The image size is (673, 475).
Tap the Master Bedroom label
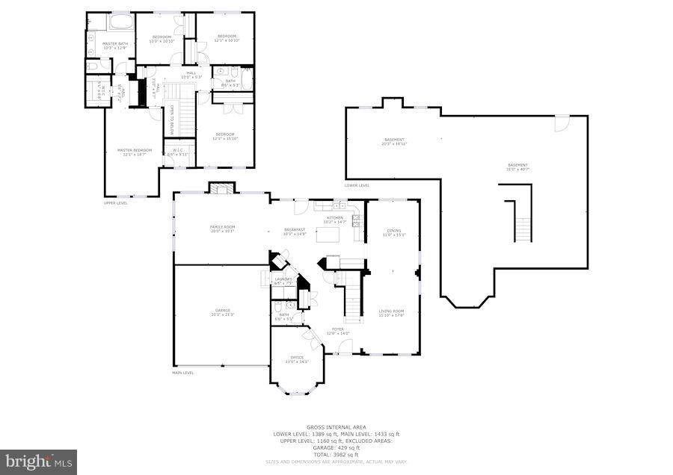point(135,152)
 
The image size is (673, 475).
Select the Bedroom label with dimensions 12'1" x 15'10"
point(224,137)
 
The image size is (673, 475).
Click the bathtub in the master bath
point(120,22)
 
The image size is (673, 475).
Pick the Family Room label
point(222,229)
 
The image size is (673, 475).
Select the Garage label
point(222,312)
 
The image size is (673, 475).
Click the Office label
point(297,359)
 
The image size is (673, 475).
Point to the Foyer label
point(338,331)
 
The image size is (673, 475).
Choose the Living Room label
point(391,314)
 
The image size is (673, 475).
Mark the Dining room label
point(393,233)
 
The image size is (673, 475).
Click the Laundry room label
point(283,281)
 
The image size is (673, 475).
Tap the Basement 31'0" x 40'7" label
point(517,167)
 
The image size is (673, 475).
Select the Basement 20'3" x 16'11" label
point(394,142)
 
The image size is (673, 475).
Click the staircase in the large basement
point(521,221)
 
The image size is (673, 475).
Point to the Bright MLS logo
point(39,462)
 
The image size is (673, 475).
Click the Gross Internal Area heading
point(336,427)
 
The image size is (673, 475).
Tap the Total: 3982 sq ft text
point(336,454)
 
